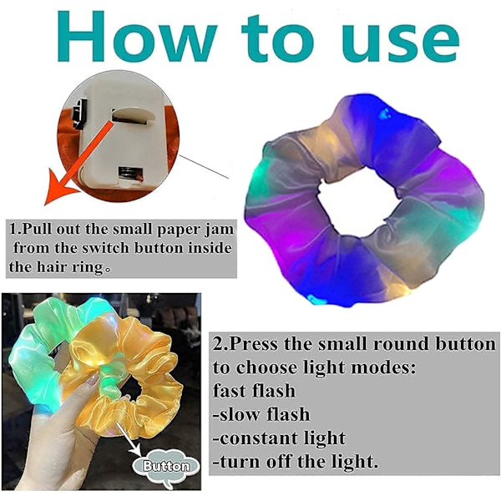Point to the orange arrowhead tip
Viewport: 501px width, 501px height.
(x=45, y=205)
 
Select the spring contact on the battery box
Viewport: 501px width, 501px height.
(x=127, y=175)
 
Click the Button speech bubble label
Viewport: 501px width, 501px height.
(x=166, y=467)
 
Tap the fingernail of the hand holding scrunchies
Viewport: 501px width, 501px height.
(x=94, y=379)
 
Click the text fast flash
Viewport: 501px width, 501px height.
(x=254, y=391)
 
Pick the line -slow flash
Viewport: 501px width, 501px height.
(x=261, y=414)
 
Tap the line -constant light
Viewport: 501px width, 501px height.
(x=279, y=438)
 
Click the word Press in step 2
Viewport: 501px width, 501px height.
(x=255, y=344)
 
